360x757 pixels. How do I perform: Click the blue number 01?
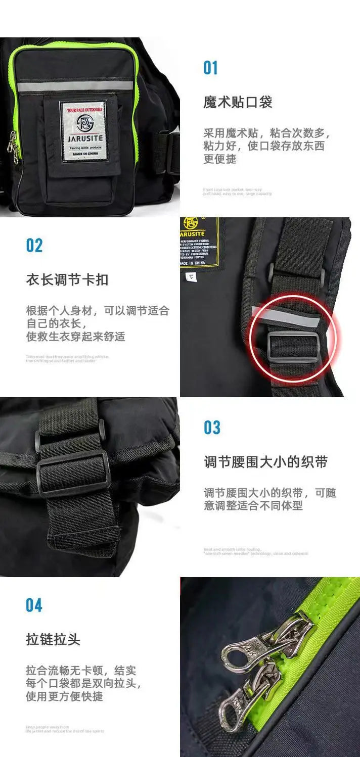(210, 68)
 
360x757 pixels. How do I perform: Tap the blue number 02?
(34, 246)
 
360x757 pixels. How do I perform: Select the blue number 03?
(212, 428)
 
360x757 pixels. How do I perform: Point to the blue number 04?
(34, 605)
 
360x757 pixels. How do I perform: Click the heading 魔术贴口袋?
(238, 103)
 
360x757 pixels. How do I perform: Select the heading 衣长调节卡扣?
(67, 280)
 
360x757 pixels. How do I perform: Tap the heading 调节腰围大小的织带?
(266, 462)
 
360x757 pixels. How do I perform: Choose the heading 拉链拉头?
(53, 640)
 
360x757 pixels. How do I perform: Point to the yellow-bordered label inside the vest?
(199, 243)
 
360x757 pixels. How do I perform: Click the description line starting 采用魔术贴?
(266, 133)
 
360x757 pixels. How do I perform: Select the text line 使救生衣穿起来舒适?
(75, 336)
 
